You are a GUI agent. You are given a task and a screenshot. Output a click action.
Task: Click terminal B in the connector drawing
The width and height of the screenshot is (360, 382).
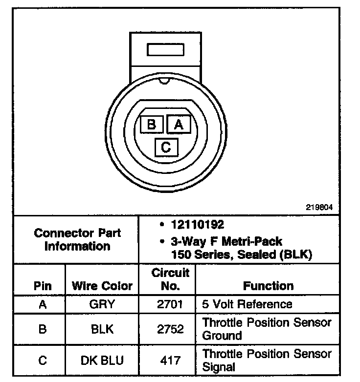(151, 124)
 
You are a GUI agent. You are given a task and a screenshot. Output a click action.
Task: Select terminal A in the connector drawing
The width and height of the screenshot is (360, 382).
(179, 124)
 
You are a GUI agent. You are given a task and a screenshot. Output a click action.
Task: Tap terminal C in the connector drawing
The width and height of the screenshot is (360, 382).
(166, 147)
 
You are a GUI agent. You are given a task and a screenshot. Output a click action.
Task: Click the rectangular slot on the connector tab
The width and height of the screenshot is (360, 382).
(165, 50)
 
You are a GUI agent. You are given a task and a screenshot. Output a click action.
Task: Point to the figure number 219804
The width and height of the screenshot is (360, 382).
(319, 207)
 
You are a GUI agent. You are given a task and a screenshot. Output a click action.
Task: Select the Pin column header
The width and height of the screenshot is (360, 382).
(42, 286)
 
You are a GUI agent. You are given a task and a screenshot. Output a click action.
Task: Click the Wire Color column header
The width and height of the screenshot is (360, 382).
(102, 286)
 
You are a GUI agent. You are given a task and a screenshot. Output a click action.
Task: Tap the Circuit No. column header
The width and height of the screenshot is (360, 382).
(170, 279)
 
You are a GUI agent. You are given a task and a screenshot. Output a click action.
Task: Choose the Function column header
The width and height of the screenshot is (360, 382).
(268, 286)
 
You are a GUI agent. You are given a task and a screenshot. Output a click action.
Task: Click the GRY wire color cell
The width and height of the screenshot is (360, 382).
(102, 304)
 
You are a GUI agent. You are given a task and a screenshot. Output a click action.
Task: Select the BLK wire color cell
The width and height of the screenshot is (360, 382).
(102, 329)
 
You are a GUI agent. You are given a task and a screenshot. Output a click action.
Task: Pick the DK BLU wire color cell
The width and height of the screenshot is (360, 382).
(102, 361)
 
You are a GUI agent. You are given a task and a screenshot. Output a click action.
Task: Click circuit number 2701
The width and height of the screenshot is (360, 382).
(170, 304)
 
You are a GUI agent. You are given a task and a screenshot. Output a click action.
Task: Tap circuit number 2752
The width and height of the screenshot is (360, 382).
(170, 329)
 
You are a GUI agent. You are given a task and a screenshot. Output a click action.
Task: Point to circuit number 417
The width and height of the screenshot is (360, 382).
(170, 361)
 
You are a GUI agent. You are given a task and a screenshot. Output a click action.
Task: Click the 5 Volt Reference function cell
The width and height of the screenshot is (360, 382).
(247, 304)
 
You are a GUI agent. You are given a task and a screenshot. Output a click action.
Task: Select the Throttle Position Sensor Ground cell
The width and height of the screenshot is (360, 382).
(267, 329)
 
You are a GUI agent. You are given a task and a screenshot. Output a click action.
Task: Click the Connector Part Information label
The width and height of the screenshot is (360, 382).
(77, 239)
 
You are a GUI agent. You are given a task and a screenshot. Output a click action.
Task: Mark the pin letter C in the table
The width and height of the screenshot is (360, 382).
(43, 361)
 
